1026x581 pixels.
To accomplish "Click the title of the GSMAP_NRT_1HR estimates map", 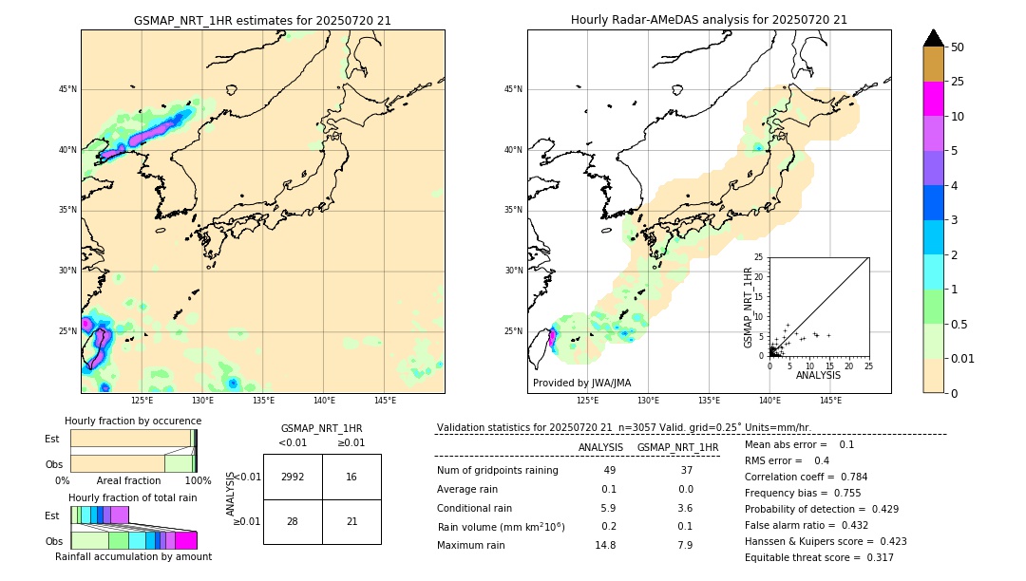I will [262, 20].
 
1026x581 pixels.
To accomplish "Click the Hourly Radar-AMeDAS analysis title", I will [709, 20].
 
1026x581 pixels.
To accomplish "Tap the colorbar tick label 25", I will [958, 82].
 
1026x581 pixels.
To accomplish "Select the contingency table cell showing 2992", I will [293, 477].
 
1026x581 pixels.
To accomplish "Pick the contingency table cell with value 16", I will [351, 477].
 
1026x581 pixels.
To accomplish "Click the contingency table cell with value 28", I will [293, 521].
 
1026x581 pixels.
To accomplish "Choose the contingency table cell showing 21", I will [351, 521].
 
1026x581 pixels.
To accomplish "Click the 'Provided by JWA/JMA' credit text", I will [581, 384].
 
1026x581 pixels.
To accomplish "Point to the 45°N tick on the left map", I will [67, 89].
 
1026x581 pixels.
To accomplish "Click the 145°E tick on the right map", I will [830, 401].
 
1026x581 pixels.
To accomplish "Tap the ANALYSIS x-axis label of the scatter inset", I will [818, 375].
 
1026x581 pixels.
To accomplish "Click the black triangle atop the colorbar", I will [934, 38].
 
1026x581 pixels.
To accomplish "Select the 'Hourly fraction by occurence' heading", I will [133, 421].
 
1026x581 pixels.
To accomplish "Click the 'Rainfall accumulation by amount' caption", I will [133, 556].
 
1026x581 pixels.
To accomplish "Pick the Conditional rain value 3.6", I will [685, 508].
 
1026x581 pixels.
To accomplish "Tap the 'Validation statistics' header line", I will [623, 428].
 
